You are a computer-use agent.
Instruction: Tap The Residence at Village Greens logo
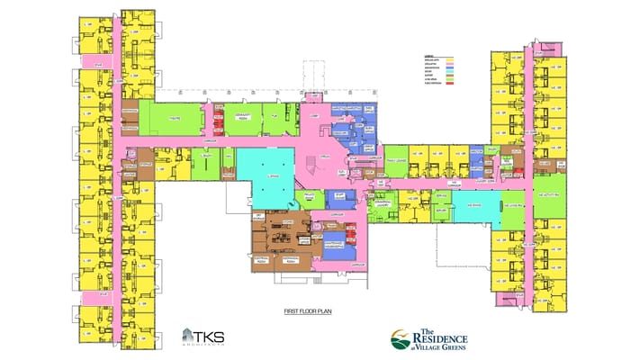[x=429, y=338]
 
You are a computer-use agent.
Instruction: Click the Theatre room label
[x=176, y=119]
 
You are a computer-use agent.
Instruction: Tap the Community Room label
[x=240, y=118]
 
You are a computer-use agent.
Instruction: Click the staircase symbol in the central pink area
[x=316, y=162]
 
